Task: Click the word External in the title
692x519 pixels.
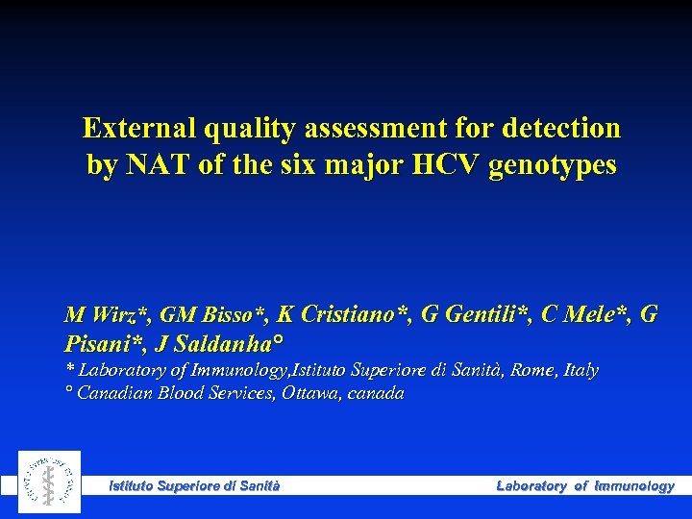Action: click(131, 128)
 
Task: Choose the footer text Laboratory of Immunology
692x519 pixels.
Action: click(584, 486)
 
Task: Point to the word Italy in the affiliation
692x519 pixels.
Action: click(581, 370)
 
